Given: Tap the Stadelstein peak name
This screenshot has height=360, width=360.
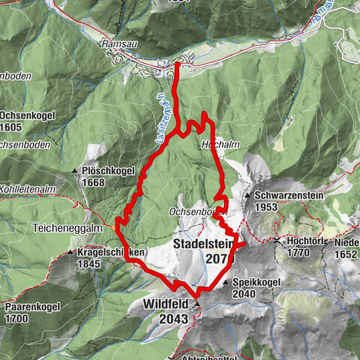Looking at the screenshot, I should coord(203,244).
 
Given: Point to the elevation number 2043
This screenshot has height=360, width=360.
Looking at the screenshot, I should coord(167,319).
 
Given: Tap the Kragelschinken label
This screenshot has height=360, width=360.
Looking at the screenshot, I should coord(110,253).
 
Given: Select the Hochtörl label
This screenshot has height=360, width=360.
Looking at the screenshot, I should coord(307,242).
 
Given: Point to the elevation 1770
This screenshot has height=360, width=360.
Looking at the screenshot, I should coord(298,253).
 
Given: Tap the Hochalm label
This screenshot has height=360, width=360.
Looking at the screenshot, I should coord(214,142).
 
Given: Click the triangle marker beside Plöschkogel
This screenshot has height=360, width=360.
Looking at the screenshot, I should coord(76,172).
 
